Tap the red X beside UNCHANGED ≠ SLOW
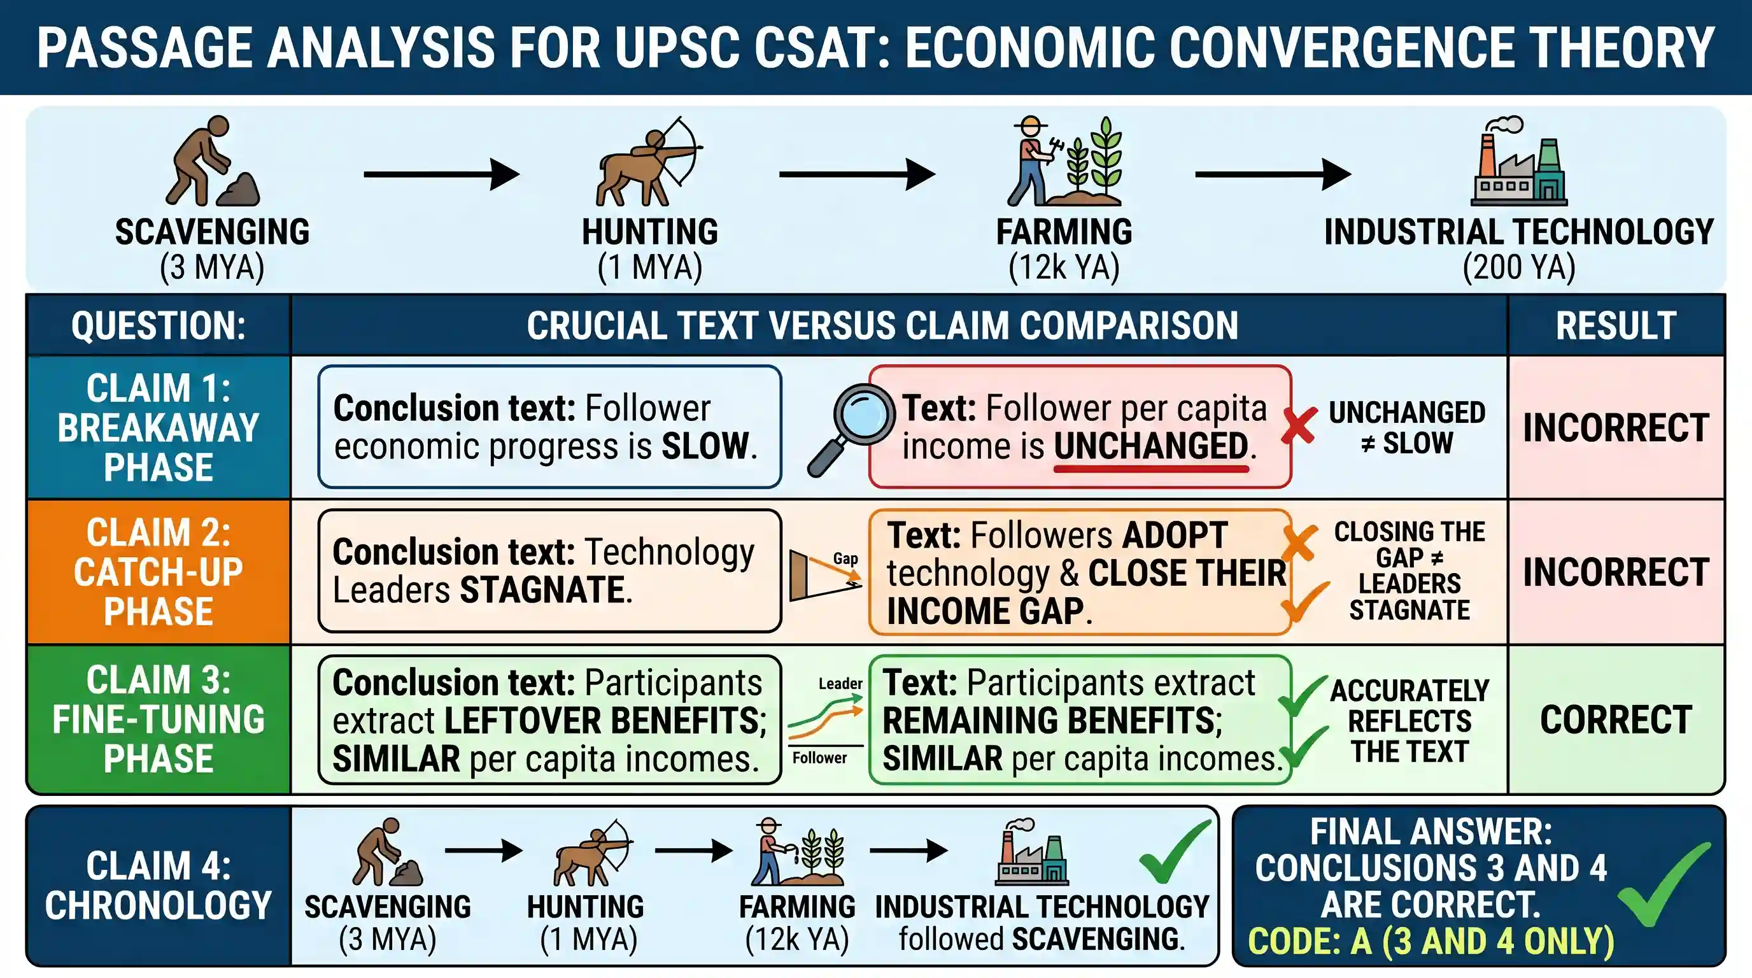tap(1299, 427)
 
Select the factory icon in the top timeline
tap(1519, 162)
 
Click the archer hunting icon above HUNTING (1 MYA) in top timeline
tap(649, 162)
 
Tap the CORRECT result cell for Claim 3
tap(1616, 719)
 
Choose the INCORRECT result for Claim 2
tap(1616, 572)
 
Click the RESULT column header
tap(1616, 325)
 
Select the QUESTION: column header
tap(159, 325)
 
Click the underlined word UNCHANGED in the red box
tap(1151, 447)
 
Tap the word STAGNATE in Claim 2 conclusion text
tap(542, 589)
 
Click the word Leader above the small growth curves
tap(840, 683)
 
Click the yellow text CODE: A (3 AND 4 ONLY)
tap(1431, 941)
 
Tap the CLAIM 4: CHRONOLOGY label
tap(159, 886)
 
